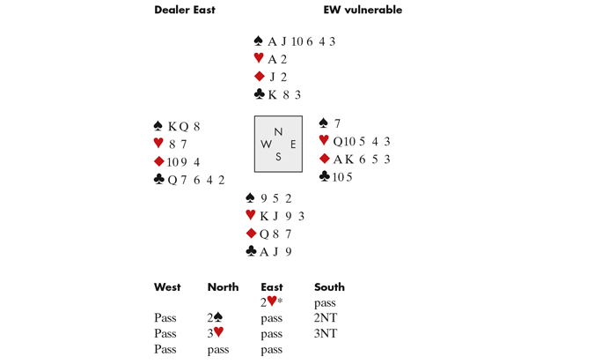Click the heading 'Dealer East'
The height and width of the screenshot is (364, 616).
185,11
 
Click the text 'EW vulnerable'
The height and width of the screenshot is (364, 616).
363,11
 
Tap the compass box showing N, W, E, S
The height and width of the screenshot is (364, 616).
278,144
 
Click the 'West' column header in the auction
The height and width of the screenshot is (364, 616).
167,287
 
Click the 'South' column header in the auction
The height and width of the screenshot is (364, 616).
329,287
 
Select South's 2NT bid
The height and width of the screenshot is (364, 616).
326,318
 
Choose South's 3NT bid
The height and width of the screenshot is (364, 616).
326,334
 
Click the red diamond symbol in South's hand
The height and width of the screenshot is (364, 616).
252,234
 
